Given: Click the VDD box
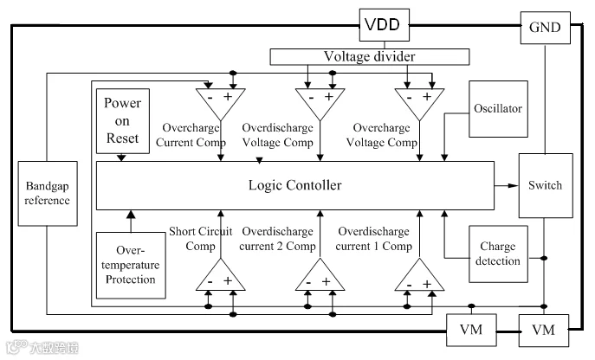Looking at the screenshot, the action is coord(384,25).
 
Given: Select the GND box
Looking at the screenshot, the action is coord(545,28).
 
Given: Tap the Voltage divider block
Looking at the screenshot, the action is coord(369,56).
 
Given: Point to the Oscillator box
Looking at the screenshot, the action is coord(498,109).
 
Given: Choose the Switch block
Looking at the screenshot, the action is coord(546,185).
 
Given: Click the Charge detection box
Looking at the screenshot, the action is coord(498,254).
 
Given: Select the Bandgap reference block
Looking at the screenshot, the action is coord(48,194).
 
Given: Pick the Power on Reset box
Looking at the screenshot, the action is coord(123,121).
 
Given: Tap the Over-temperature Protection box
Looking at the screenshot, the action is coord(131,265).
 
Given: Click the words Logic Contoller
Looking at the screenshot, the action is coord(294,185).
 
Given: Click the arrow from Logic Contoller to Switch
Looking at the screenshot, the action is coord(506,185).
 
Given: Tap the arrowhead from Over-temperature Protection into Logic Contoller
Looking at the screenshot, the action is coord(131,215).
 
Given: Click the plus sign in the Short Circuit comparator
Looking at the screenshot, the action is coord(228,280).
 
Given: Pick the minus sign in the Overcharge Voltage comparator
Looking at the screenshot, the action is coord(409,98).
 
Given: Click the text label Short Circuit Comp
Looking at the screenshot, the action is coord(200,239).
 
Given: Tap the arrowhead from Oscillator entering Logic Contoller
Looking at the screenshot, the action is coord(444,157).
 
